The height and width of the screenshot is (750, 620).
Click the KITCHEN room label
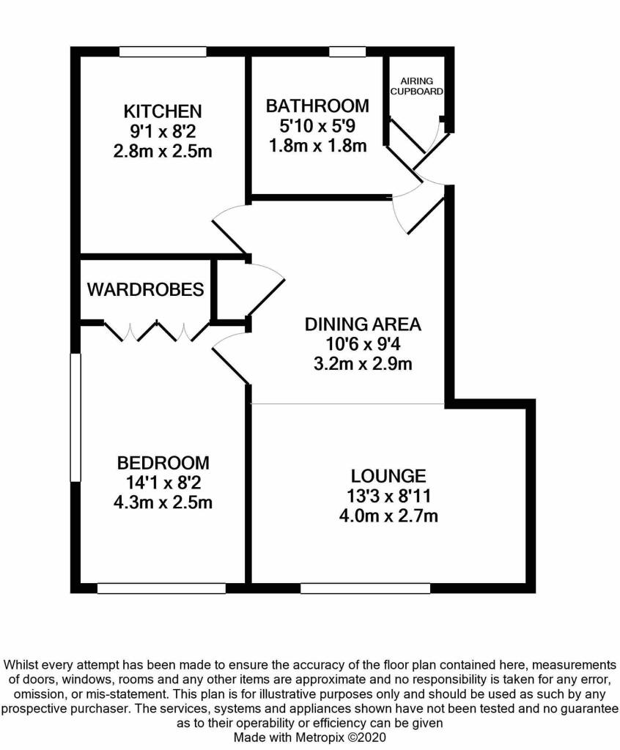pyautogui.click(x=163, y=111)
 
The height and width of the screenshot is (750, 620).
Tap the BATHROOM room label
pyautogui.click(x=317, y=105)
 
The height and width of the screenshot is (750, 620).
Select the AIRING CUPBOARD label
pyautogui.click(x=416, y=86)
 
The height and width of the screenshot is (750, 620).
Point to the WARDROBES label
pyautogui.click(x=146, y=289)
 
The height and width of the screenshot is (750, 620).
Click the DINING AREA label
pyautogui.click(x=363, y=324)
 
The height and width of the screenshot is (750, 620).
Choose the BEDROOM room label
pyautogui.click(x=163, y=463)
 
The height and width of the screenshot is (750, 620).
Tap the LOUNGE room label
pyautogui.click(x=388, y=476)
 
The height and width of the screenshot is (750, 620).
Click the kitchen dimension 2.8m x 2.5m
pyautogui.click(x=163, y=152)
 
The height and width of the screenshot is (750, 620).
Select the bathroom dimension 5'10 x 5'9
pyautogui.click(x=317, y=126)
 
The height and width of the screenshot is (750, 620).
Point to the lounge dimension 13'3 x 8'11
pyautogui.click(x=388, y=496)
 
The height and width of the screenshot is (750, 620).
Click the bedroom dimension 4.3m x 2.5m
pyautogui.click(x=163, y=502)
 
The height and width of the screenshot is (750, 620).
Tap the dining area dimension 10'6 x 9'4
pyautogui.click(x=363, y=344)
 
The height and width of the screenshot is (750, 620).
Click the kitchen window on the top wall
pyautogui.click(x=163, y=52)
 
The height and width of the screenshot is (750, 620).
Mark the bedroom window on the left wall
pyautogui.click(x=75, y=417)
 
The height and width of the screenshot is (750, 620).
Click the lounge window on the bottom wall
pyautogui.click(x=365, y=588)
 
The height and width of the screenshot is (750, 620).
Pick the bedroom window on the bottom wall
pyautogui.click(x=161, y=588)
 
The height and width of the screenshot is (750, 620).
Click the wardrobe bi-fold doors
pyautogui.click(x=157, y=331)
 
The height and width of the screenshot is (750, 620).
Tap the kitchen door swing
pyautogui.click(x=230, y=229)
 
